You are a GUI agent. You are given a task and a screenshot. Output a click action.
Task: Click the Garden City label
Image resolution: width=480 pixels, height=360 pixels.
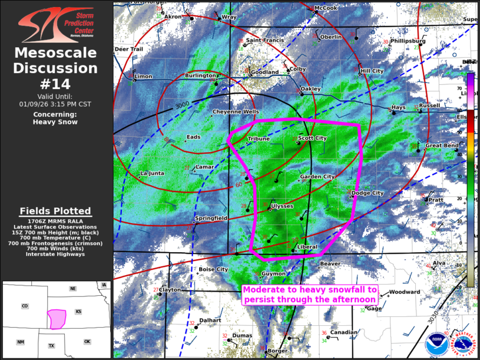pyautogui.click(x=317, y=177)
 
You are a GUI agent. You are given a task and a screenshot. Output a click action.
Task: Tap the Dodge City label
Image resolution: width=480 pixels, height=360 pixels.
pyautogui.click(x=367, y=193)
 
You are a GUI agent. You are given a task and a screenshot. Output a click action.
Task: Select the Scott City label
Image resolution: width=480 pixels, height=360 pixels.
pyautogui.click(x=312, y=138)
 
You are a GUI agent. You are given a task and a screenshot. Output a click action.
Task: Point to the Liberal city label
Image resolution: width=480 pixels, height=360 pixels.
pyautogui.click(x=307, y=247)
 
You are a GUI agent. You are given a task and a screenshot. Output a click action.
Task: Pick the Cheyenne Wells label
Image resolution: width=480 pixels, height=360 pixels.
pyautogui.click(x=235, y=111)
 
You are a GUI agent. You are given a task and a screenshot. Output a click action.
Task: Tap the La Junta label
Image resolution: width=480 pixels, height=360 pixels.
pyautogui.click(x=152, y=173)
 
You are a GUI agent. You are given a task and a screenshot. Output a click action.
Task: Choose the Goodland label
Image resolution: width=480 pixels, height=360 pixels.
pyautogui.click(x=264, y=72)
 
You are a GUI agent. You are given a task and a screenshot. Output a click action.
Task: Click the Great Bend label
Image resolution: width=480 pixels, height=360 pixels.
pyautogui.click(x=442, y=146)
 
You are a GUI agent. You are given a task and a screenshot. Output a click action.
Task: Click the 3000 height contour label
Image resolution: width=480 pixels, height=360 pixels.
pyautogui.click(x=183, y=104)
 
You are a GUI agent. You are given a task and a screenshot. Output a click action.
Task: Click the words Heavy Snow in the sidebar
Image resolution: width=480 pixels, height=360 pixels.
pyautogui.click(x=55, y=122)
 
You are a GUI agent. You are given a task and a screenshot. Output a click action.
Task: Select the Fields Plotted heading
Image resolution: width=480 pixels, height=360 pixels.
pyautogui.click(x=55, y=211)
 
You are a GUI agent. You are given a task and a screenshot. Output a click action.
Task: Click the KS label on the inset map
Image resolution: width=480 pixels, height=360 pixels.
pyautogui.click(x=78, y=312)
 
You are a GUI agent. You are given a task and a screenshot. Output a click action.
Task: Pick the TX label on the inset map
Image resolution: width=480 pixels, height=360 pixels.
pyautogui.click(x=51, y=345)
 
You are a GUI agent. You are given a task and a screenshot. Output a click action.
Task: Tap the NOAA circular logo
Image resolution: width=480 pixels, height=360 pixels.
pyautogui.click(x=436, y=345)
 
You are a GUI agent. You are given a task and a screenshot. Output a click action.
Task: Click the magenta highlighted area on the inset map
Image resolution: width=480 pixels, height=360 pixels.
pyautogui.click(x=57, y=319)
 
